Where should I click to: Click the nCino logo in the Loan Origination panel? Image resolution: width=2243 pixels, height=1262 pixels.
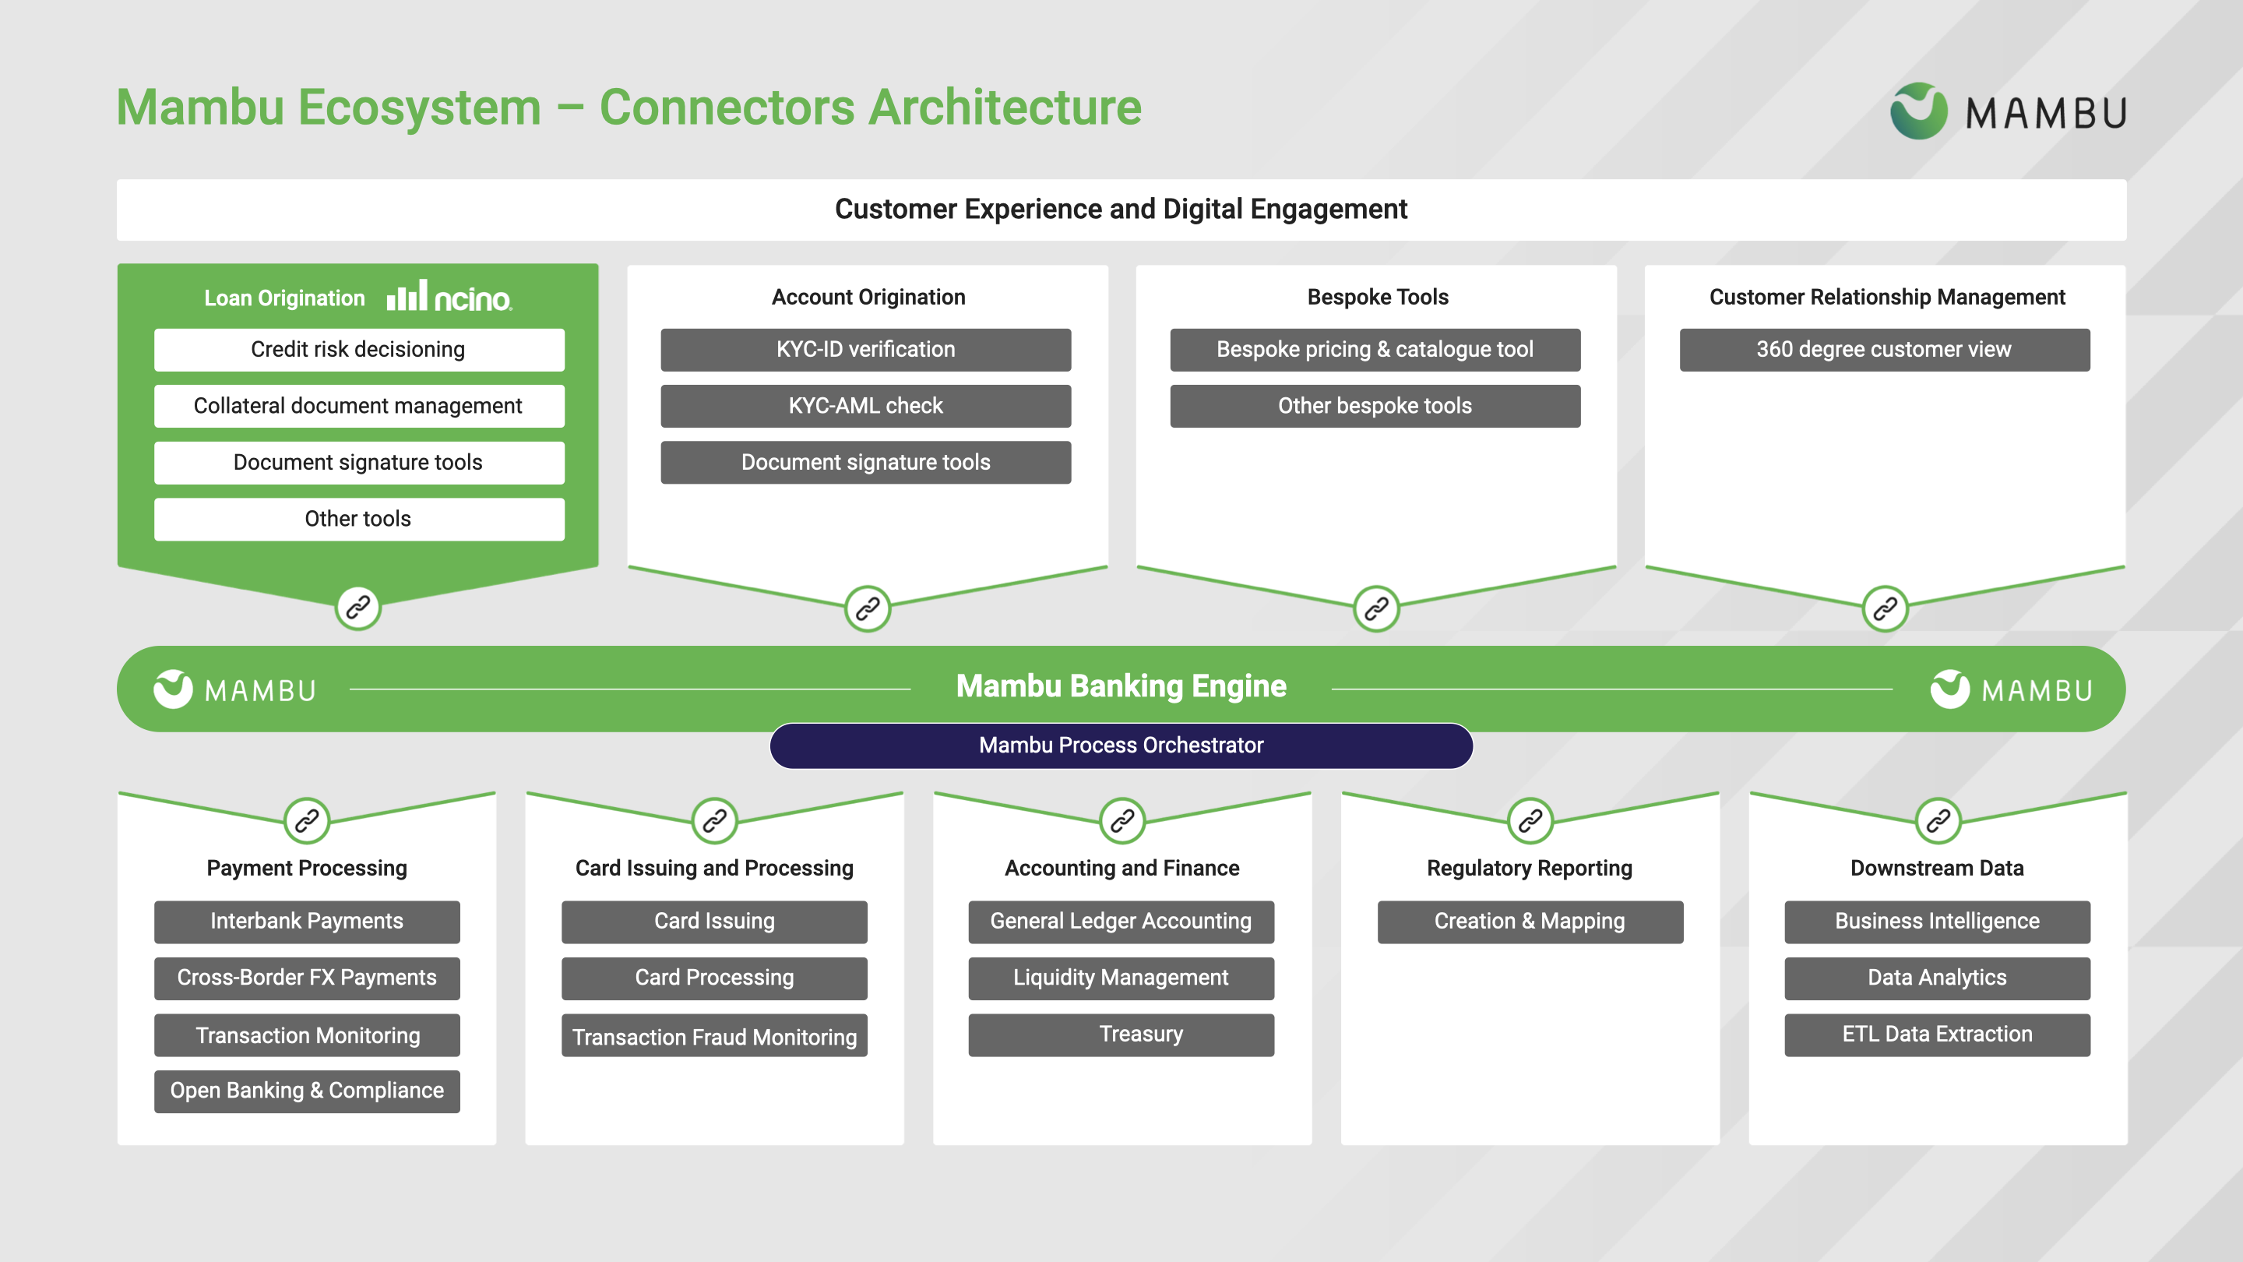point(449,297)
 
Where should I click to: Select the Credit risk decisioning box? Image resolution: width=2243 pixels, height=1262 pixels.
point(359,349)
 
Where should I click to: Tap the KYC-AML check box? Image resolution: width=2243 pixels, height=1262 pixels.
point(865,406)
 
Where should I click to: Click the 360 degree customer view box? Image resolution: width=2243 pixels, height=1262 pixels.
point(1884,349)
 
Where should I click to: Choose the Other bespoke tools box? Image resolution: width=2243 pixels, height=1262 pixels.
point(1375,406)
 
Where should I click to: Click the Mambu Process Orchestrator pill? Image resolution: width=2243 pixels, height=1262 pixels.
point(1121,746)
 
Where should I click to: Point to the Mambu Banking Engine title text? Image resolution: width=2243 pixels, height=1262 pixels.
point(1121,686)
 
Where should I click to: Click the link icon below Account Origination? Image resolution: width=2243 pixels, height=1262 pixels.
point(868,608)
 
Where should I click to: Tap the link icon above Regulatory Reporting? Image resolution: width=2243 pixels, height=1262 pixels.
point(1530,820)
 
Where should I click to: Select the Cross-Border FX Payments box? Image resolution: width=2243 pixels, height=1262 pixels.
point(307,978)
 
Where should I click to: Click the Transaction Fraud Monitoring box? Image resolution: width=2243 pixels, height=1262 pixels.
point(714,1035)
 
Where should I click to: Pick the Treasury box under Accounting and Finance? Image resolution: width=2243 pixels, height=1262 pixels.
point(1121,1035)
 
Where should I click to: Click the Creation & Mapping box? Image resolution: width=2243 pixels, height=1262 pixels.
point(1530,922)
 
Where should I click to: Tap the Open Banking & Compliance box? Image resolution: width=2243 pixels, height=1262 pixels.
point(307,1091)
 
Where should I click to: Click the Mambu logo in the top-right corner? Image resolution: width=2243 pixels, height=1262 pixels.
point(2007,111)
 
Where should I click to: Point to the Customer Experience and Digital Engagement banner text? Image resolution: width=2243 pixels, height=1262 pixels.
point(1121,209)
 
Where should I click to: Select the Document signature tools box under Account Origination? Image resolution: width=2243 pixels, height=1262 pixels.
point(865,463)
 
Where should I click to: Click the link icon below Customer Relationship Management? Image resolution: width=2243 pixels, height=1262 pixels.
point(1884,608)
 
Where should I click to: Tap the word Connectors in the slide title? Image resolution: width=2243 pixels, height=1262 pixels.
point(727,108)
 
